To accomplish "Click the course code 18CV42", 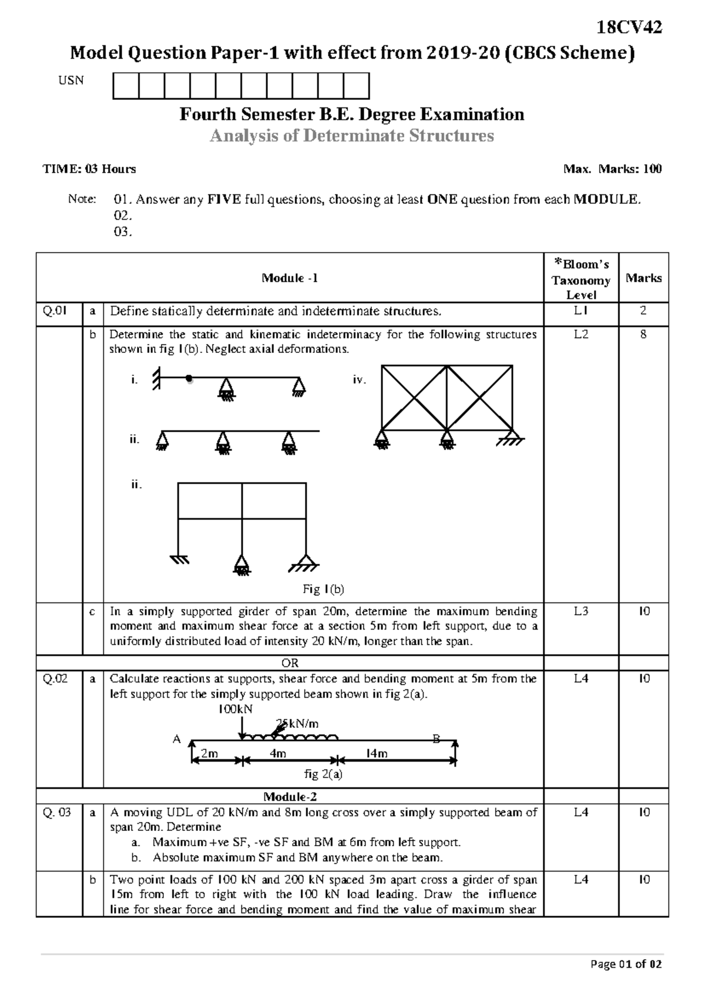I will tap(629, 27).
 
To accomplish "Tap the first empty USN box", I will tap(126, 86).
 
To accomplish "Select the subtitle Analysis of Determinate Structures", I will tap(352, 136).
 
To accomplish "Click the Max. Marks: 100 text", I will tap(612, 169).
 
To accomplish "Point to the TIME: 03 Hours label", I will tap(89, 169).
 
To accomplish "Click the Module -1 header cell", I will tap(290, 278).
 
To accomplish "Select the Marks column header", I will tap(643, 278).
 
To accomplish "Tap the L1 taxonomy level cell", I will tap(580, 311).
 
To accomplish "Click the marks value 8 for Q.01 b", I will tap(643, 335).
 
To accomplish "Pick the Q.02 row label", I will tap(55, 679).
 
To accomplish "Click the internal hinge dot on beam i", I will tap(189, 379).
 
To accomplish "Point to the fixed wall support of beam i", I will tap(156, 379).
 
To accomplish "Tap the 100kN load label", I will tap(235, 709).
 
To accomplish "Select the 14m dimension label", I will tap(376, 753).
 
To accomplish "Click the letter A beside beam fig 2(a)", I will tap(176, 739).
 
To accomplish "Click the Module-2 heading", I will tap(290, 796).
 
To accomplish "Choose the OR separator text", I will tap(290, 663).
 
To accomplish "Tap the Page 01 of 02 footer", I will tap(626, 964).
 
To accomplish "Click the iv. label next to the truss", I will tap(359, 380).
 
